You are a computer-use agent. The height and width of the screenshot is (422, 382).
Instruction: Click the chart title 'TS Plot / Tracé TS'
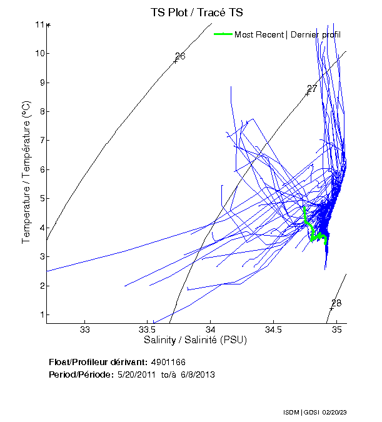pyautogui.click(x=197, y=13)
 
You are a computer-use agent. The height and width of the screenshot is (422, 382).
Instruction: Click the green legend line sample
pyautogui.click(x=223, y=34)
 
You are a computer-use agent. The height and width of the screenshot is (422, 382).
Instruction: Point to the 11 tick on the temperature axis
pyautogui.click(x=39, y=24)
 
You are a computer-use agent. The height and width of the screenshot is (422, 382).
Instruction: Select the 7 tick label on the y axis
pyautogui.click(x=39, y=141)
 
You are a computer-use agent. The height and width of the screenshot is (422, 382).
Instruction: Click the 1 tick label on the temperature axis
pyautogui.click(x=39, y=314)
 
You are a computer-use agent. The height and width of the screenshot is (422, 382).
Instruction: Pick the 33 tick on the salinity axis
pyautogui.click(x=85, y=329)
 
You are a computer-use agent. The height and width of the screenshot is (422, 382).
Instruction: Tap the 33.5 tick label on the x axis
pyautogui.click(x=147, y=329)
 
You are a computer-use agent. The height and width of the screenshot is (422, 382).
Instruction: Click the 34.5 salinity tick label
pyautogui.click(x=273, y=329)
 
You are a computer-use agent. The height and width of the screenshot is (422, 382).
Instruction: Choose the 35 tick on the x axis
pyautogui.click(x=336, y=329)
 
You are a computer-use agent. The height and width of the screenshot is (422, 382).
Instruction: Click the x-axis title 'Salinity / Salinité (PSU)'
pyautogui.click(x=196, y=340)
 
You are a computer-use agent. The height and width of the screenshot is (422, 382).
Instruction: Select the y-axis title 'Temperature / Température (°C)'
pyautogui.click(x=26, y=172)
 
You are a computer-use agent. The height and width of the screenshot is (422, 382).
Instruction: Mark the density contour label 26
pyautogui.click(x=180, y=56)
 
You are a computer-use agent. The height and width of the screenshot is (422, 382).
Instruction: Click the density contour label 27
pyautogui.click(x=312, y=88)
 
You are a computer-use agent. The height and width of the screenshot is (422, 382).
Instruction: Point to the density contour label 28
pyautogui.click(x=336, y=303)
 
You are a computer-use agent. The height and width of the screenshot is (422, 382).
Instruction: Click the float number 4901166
pyautogui.click(x=168, y=362)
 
